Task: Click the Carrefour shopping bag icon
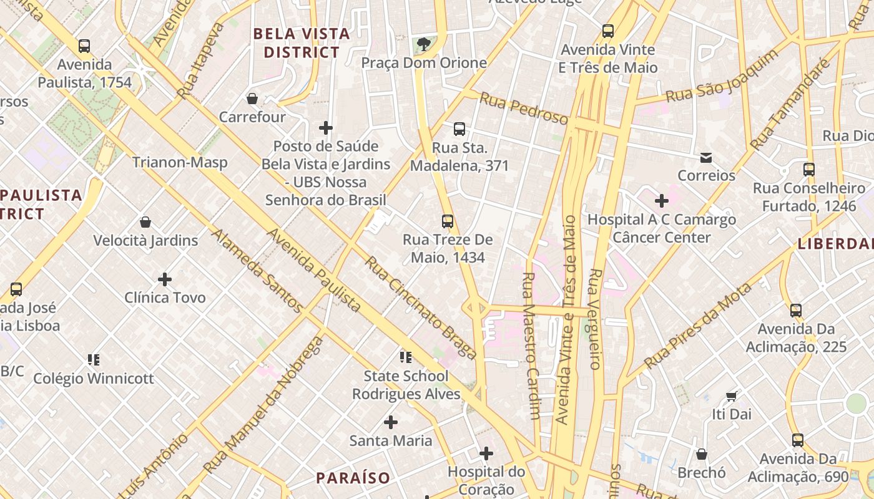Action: click(252, 99)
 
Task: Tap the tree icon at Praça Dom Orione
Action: click(425, 44)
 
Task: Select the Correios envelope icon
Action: click(706, 157)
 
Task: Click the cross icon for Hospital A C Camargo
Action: click(661, 201)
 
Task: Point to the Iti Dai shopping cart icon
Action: click(732, 396)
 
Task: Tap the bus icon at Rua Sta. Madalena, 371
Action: click(459, 129)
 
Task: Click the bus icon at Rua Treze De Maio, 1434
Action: click(447, 221)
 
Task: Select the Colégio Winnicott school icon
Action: click(94, 359)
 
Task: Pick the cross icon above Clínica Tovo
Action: click(165, 279)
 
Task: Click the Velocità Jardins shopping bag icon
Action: click(145, 222)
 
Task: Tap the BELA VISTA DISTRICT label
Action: click(301, 43)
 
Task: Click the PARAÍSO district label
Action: click(353, 478)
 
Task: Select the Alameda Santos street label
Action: click(257, 271)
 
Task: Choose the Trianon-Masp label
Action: click(180, 162)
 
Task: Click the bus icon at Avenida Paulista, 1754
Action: click(84, 46)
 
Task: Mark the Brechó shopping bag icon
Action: click(702, 454)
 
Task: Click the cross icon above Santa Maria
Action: click(391, 422)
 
